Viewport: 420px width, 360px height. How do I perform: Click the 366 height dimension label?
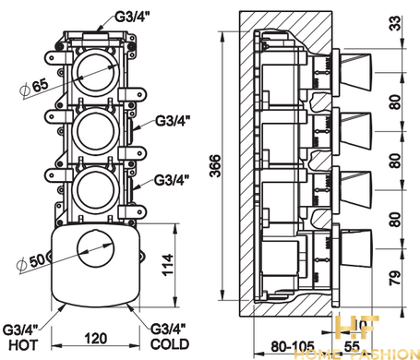tap(215, 166)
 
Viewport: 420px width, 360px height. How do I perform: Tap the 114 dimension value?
tap(168, 265)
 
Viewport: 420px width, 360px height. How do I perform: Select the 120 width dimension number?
tap(96, 339)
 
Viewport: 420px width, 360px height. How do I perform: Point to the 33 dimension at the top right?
tap(397, 23)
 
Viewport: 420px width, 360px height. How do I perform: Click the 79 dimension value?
tap(395, 278)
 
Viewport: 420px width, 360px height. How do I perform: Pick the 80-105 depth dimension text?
tap(293, 347)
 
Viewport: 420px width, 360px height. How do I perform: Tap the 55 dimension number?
tap(352, 347)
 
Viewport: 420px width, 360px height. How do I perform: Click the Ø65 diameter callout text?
tap(34, 87)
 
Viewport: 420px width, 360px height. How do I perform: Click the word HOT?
tap(23, 345)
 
